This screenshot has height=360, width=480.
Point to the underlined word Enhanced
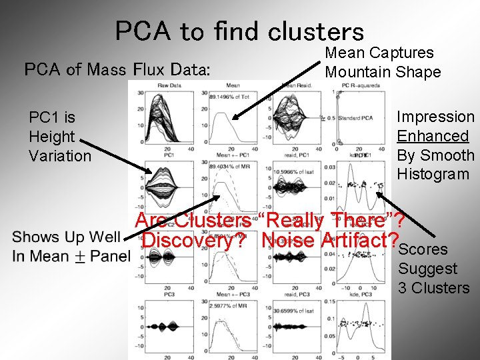coord(433,136)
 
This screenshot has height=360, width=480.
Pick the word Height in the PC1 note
coord(52,137)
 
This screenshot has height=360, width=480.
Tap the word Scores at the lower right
coord(424,250)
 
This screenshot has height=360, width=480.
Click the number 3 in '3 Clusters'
coord(403,288)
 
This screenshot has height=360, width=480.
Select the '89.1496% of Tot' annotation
coord(229,97)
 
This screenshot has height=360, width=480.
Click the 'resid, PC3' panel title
coord(294,294)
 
